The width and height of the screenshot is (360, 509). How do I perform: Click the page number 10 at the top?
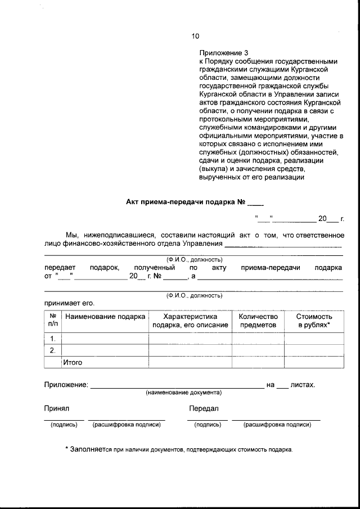pyautogui.click(x=195, y=37)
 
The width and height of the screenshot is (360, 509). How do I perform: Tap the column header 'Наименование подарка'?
pyautogui.click(x=105, y=317)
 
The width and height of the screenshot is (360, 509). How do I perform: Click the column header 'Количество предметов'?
pyautogui.click(x=258, y=321)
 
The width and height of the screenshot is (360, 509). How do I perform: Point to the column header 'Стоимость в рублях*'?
pyautogui.click(x=314, y=321)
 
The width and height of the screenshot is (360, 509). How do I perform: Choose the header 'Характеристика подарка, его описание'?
pyautogui.click(x=190, y=321)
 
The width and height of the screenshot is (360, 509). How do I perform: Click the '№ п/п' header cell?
pyautogui.click(x=53, y=321)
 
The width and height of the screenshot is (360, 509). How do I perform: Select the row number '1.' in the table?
pyautogui.click(x=53, y=339)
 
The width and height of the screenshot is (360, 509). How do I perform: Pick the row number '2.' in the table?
pyautogui.click(x=53, y=350)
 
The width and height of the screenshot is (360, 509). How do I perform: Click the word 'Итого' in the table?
pyautogui.click(x=73, y=363)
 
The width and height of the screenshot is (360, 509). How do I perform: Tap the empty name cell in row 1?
pyautogui.click(x=105, y=339)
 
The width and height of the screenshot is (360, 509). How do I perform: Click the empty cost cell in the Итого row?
pyautogui.click(x=314, y=363)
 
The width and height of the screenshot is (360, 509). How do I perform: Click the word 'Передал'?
pyautogui.click(x=204, y=408)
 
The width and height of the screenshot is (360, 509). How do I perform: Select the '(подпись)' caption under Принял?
pyautogui.click(x=64, y=425)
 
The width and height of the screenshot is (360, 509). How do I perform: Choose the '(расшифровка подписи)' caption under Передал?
pyautogui.click(x=277, y=425)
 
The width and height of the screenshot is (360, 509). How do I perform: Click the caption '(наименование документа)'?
pyautogui.click(x=183, y=392)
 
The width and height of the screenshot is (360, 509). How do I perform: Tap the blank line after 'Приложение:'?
pyautogui.click(x=177, y=386)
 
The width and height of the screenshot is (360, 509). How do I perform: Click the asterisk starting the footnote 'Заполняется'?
pyautogui.click(x=66, y=449)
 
